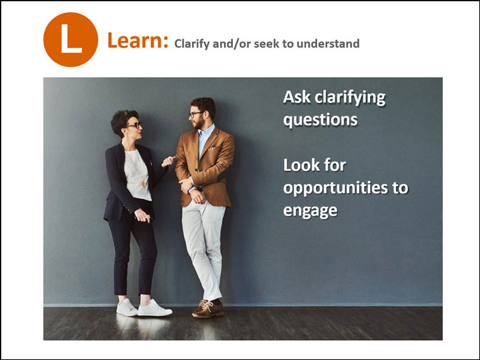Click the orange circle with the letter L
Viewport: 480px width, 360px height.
click(x=70, y=40)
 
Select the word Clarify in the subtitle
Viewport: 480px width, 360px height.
click(x=192, y=43)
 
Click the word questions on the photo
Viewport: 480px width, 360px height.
click(x=320, y=120)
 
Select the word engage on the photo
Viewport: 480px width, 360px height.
click(x=310, y=210)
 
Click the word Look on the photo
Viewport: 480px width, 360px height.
click(x=301, y=165)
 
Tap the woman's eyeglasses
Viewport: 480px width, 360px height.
click(x=134, y=125)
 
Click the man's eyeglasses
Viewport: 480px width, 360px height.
click(x=195, y=114)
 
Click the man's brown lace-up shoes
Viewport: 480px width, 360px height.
click(x=209, y=309)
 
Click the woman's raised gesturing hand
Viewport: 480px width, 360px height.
click(x=168, y=160)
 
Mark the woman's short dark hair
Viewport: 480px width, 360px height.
click(x=121, y=120)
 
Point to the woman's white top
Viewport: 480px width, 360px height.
click(x=138, y=175)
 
